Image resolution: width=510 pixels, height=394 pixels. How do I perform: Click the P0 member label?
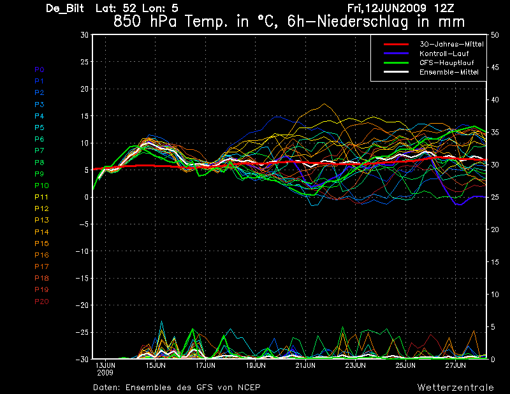pyautogui.click(x=40, y=69)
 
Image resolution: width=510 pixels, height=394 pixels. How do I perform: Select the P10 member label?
pyautogui.click(x=41, y=186)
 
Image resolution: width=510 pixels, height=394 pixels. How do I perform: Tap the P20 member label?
pyautogui.click(x=41, y=302)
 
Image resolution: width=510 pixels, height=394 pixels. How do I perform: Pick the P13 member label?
pyautogui.click(x=41, y=220)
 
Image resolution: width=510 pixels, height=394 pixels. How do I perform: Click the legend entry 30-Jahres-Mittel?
pyautogui.click(x=451, y=44)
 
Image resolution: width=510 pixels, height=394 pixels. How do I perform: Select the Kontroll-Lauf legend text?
pyautogui.click(x=444, y=54)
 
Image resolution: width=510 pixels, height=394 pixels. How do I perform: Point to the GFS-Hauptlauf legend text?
pyautogui.click(x=447, y=62)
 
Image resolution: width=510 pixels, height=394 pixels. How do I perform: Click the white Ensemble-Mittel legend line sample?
pyautogui.click(x=396, y=72)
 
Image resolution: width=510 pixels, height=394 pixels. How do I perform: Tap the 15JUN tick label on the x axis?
pyautogui.click(x=156, y=365)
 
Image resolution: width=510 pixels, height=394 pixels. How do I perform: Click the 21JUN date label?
pyautogui.click(x=305, y=365)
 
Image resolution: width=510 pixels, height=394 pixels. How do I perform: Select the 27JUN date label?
pyautogui.click(x=456, y=365)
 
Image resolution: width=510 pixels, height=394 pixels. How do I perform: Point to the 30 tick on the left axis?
pyautogui.click(x=85, y=35)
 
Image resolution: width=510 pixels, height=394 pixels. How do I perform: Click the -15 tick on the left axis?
pyautogui.click(x=82, y=278)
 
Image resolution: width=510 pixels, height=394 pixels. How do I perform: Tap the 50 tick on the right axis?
pyautogui.click(x=495, y=35)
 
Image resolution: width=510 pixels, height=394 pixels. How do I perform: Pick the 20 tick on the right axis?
pyautogui.click(x=495, y=230)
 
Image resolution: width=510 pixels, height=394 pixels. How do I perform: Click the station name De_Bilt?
pyautogui.click(x=65, y=8)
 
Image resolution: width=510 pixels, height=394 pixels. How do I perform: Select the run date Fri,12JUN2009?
pyautogui.click(x=387, y=8)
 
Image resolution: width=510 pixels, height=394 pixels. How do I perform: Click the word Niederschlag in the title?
pyautogui.click(x=362, y=22)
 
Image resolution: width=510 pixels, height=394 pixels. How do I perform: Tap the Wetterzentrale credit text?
pyautogui.click(x=456, y=388)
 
